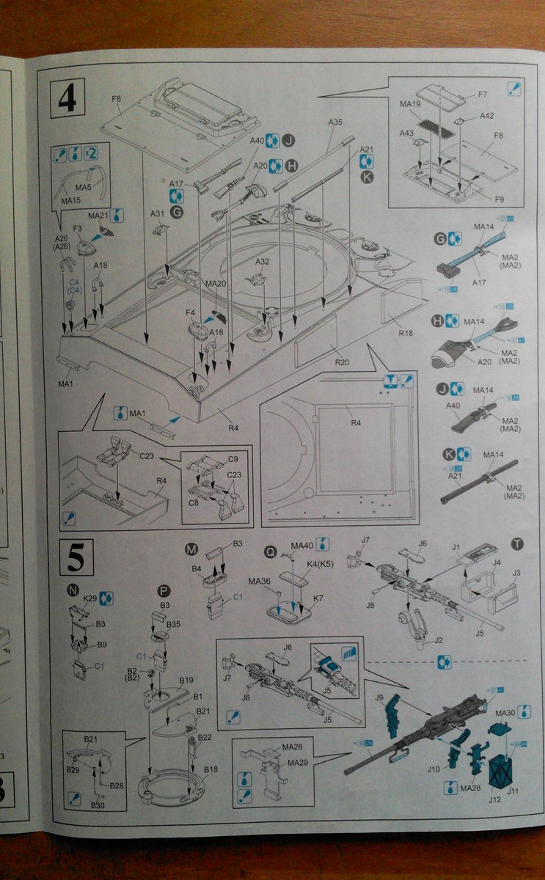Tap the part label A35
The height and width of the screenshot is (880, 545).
(x=335, y=122)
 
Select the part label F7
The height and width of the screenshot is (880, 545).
(x=482, y=95)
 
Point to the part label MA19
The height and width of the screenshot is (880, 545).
(x=409, y=104)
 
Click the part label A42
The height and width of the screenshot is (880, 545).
(x=487, y=115)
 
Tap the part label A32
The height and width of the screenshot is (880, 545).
(x=262, y=262)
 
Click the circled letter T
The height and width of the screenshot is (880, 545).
(x=518, y=543)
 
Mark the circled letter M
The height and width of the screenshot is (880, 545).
(x=191, y=550)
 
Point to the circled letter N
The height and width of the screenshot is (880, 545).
(x=72, y=590)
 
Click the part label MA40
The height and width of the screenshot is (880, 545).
(x=302, y=546)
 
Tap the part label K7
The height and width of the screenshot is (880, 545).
(x=318, y=599)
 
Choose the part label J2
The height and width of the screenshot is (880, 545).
(x=439, y=640)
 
